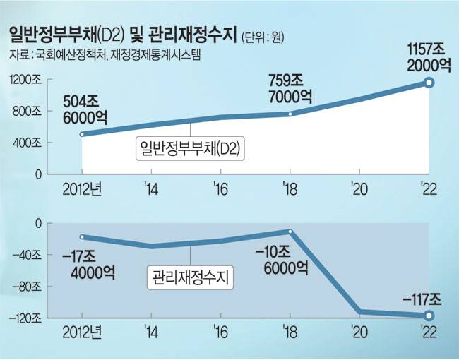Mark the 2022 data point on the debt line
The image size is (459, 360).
tap(429, 83)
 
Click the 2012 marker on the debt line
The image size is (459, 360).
tap(82, 134)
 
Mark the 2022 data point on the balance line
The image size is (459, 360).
tap(429, 316)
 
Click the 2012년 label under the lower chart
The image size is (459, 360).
tap(82, 330)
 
